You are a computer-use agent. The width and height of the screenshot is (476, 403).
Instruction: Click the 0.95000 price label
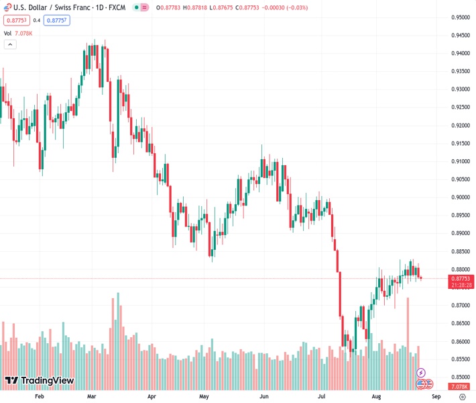point(461,17)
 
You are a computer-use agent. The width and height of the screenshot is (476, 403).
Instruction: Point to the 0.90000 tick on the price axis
point(461,197)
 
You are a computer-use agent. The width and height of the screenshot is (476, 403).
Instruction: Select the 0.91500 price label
point(461,143)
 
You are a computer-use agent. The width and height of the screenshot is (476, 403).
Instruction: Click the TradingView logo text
point(47,381)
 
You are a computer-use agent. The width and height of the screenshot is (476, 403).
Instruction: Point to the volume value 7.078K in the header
point(23,32)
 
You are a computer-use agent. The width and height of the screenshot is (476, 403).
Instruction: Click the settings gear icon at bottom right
point(461,396)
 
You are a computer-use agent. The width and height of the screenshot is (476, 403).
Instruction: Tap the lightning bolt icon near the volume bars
point(421,373)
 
